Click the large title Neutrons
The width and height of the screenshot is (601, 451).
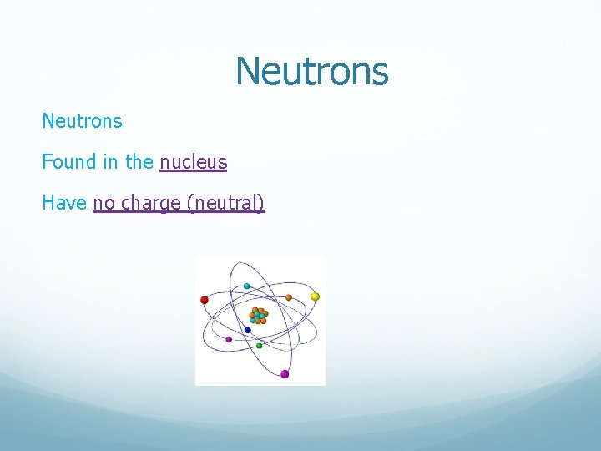point(311,71)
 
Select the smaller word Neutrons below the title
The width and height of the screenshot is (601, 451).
point(82,121)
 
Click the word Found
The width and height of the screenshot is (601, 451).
point(69,162)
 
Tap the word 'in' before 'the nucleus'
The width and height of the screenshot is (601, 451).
point(111,162)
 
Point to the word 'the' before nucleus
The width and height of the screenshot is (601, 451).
point(139,162)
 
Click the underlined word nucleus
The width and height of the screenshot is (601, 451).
point(193,162)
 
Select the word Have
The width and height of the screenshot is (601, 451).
point(64,202)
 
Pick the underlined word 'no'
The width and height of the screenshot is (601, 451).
point(104,202)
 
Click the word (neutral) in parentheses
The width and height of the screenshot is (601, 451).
point(226,203)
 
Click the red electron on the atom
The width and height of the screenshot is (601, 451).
point(204,300)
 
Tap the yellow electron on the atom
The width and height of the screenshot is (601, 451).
point(315,296)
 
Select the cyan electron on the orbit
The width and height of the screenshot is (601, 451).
point(247,286)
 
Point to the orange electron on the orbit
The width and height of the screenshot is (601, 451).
point(289,297)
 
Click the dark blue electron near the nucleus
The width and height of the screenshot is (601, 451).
point(248,330)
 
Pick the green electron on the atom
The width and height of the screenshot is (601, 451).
point(259,345)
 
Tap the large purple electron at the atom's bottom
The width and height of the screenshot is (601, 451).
point(285,374)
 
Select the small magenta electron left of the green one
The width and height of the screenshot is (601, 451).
point(229,339)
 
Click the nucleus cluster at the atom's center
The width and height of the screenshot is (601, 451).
point(259,316)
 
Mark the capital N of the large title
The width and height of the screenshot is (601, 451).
point(247,71)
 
